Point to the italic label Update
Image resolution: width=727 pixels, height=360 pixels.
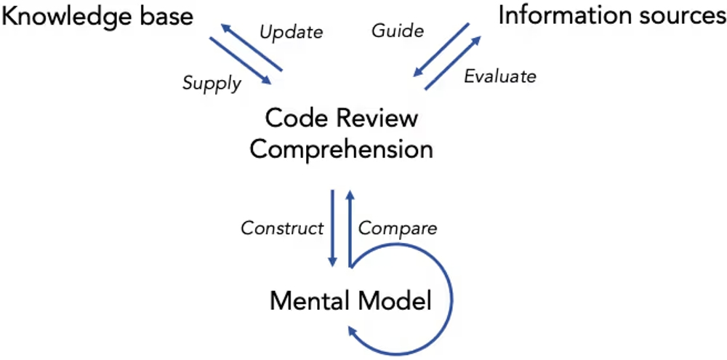click(291, 32)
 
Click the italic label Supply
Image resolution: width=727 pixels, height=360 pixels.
click(212, 83)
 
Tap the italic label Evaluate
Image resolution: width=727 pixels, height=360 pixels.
click(500, 76)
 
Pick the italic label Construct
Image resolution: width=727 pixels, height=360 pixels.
click(282, 228)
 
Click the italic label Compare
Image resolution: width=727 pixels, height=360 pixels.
click(398, 228)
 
